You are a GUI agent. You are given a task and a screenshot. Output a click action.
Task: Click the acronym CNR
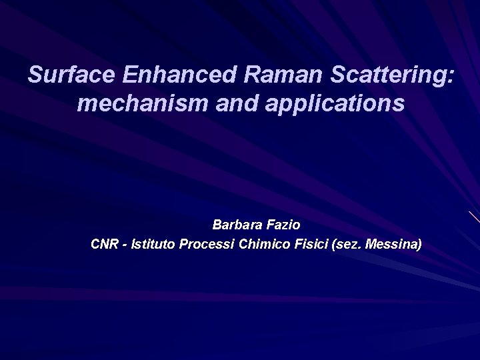pyautogui.click(x=104, y=245)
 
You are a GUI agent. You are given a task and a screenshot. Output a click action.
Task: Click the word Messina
pyautogui.click(x=392, y=245)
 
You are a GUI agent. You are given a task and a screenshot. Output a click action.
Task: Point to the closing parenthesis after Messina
pyautogui.click(x=419, y=245)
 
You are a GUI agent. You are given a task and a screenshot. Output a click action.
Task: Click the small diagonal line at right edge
pyautogui.click(x=474, y=217)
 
